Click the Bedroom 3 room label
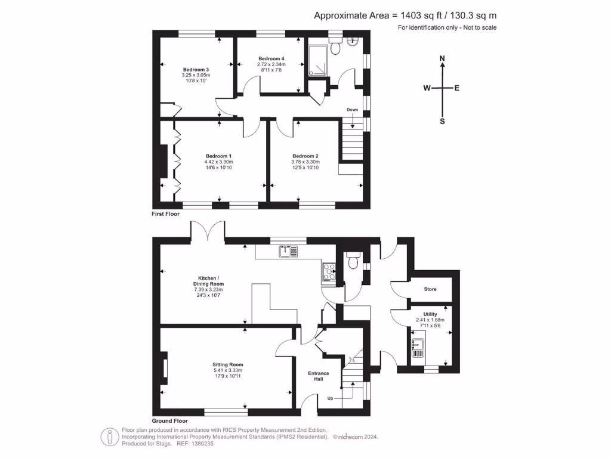195,69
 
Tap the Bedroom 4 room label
271,58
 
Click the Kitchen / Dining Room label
211,281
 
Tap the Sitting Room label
228,364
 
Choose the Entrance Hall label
318,376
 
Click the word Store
430,289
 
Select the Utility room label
430,314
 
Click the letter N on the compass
442,58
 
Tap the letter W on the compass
427,88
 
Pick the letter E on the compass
457,88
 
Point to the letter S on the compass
442,121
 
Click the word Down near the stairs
353,110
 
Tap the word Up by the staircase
330,398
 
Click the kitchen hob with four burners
329,271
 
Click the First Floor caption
166,213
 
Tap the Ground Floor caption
169,420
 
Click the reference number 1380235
202,444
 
